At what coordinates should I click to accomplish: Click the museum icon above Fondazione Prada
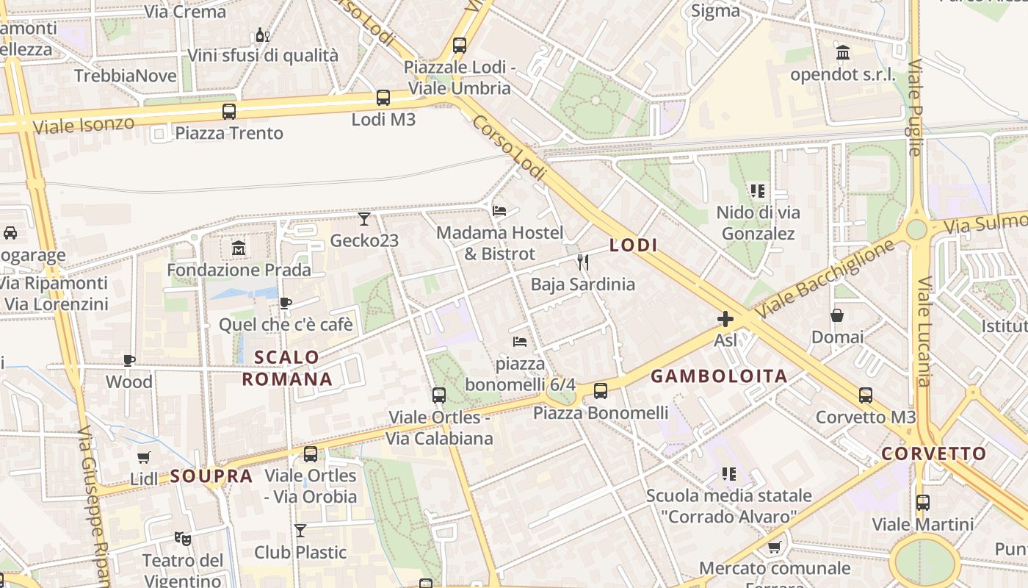point(239,248)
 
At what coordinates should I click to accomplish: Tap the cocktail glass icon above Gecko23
point(364,218)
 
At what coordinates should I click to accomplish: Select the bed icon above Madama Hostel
point(499,211)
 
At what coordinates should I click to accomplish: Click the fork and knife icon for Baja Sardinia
point(583,262)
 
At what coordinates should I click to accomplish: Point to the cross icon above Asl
point(725,319)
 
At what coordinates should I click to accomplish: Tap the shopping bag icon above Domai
point(837,315)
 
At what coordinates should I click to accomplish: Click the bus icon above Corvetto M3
point(866,395)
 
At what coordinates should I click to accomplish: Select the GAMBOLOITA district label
point(719,376)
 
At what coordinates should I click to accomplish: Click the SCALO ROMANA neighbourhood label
point(287,368)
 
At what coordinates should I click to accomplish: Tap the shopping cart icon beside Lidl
point(144,457)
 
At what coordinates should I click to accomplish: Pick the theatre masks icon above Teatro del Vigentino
point(183,539)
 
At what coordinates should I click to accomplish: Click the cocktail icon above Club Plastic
point(300,530)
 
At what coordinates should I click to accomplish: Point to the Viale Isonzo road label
point(84,124)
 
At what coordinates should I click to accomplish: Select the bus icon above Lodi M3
point(383,98)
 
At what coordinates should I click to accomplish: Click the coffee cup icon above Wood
point(129,360)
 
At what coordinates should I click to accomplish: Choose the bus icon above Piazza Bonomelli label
point(601,391)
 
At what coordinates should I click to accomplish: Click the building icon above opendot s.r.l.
point(843,53)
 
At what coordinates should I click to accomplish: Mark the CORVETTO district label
point(933,453)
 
